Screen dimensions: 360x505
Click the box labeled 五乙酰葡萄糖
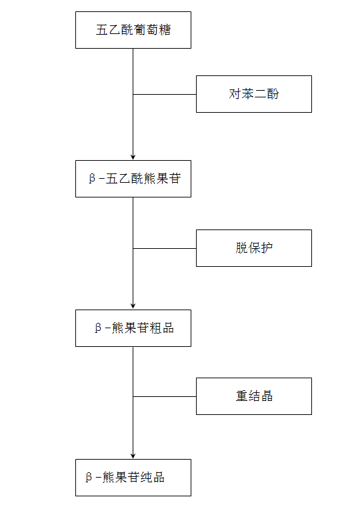tap(133, 30)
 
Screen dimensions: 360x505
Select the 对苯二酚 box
tap(254, 94)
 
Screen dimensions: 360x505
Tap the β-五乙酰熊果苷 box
tap(133, 179)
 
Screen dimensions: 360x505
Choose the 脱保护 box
tap(254, 248)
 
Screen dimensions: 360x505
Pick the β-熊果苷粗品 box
tap(133, 328)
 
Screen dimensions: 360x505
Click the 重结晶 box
tap(254, 396)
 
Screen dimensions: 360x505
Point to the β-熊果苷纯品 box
tap(133, 478)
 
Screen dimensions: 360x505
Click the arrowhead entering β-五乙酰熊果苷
tap(133, 157)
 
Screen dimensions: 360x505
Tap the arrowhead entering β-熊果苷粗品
tap(133, 307)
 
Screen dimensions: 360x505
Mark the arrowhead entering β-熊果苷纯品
tap(133, 456)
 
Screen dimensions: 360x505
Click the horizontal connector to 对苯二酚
tap(165, 94)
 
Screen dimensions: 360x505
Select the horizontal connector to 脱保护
tap(165, 248)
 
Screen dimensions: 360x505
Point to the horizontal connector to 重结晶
tap(165, 396)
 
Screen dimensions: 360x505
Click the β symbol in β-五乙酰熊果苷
tap(92, 179)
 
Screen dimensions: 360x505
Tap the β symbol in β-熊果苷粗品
tap(98, 328)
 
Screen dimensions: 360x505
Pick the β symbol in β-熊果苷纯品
tap(89, 478)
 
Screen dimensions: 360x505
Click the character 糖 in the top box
tap(165, 30)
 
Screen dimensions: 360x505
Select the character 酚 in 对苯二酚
tap(273, 94)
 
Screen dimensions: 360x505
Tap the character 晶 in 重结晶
tap(267, 396)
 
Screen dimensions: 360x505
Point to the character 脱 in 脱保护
tap(241, 248)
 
